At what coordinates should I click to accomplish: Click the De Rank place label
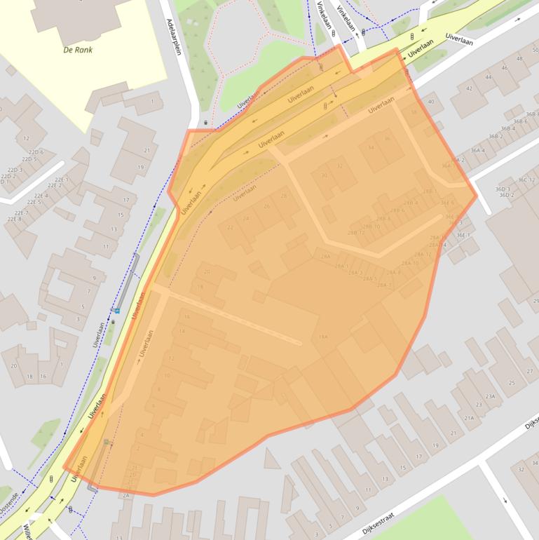[x=77, y=50]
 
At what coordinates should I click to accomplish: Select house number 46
[x=504, y=68]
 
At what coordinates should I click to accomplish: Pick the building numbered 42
[x=469, y=88]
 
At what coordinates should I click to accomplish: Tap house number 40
[x=430, y=102]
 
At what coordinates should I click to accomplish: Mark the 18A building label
[x=322, y=337]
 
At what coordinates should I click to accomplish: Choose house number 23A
[x=490, y=396]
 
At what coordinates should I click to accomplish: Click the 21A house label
[x=469, y=418]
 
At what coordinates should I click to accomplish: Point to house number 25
[x=511, y=382]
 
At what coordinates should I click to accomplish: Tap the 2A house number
[x=125, y=495]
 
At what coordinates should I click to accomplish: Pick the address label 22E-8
[x=15, y=220]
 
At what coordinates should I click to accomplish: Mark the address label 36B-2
[x=496, y=136]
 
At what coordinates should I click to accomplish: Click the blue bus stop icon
[x=117, y=311]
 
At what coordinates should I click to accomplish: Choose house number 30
[x=324, y=175]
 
